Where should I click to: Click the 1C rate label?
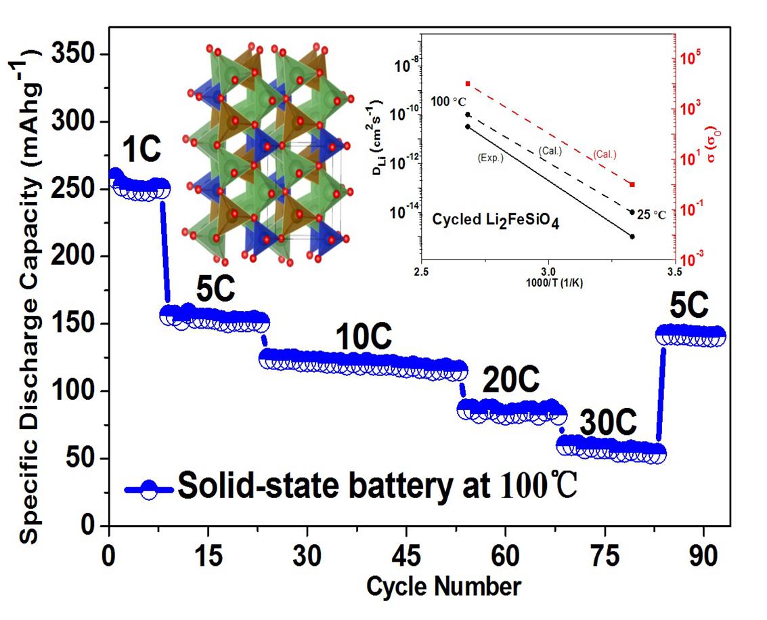(142, 149)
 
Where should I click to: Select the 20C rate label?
(510, 382)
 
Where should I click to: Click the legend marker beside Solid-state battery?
(150, 488)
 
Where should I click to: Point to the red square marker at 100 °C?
(468, 83)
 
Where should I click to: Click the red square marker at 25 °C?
(632, 184)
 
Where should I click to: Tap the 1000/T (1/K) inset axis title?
(548, 283)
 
